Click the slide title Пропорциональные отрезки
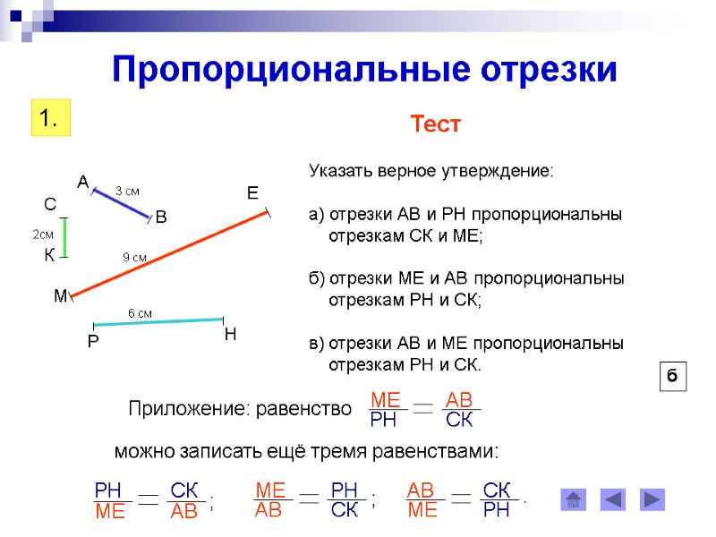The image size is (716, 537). [364, 70]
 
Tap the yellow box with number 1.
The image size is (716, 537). [50, 118]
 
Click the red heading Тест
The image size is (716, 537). [435, 124]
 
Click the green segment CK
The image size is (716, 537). [64, 237]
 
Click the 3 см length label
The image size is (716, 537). [128, 190]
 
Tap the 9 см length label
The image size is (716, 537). [134, 257]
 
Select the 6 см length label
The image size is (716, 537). [140, 312]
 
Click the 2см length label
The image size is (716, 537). [44, 234]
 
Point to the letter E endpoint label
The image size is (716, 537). [252, 193]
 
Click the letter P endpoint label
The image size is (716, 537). [92, 342]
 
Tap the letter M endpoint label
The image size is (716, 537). [60, 296]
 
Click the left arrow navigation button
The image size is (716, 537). [613, 499]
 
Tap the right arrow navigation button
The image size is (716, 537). [652, 499]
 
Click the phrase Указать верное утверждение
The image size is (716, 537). [431, 170]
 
